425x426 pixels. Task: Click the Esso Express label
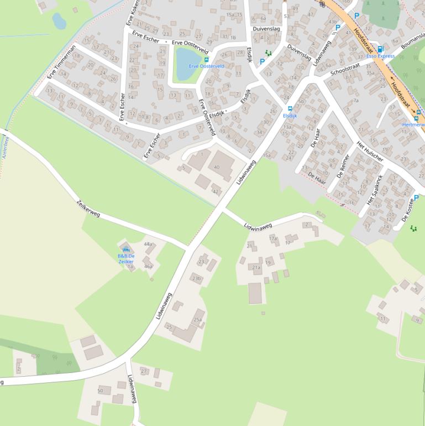380,56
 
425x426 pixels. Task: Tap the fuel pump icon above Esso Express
380,49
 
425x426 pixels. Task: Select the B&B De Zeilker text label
125,258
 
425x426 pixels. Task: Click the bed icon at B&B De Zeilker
125,250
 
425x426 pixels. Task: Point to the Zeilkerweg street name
88,208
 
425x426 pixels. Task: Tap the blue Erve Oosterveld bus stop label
206,66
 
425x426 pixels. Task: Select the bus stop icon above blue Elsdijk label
290,109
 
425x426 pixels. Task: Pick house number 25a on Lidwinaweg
197,320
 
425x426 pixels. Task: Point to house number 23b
196,278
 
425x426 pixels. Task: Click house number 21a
256,268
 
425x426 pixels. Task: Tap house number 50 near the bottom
101,391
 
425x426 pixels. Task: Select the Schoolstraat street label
345,69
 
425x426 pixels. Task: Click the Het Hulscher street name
370,151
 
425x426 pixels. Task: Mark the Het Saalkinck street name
375,189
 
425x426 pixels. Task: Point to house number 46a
148,266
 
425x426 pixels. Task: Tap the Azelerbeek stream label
6,147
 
